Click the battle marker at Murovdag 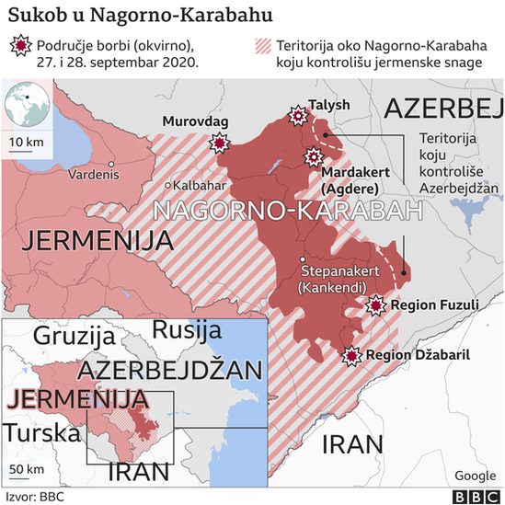(x=220, y=143)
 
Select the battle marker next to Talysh (x=298, y=116)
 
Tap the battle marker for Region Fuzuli (x=375, y=305)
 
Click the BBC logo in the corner (x=474, y=495)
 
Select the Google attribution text (x=476, y=475)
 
